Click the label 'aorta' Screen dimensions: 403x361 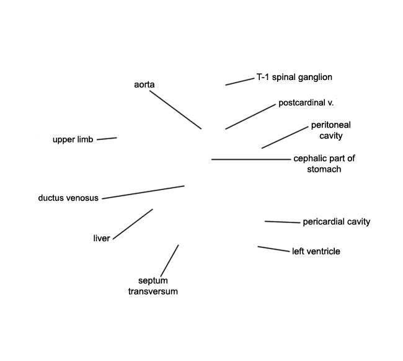click(x=144, y=84)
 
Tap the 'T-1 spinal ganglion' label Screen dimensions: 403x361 click(x=294, y=77)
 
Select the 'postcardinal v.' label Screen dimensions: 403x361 click(x=306, y=103)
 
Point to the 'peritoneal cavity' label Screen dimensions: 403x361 click(x=331, y=130)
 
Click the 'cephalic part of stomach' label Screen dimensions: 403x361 click(x=324, y=164)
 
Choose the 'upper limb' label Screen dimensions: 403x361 click(x=73, y=140)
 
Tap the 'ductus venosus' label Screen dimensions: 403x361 click(x=68, y=198)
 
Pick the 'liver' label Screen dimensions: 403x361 click(x=102, y=238)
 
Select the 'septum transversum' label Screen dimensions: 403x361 click(x=153, y=286)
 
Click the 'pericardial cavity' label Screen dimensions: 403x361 click(x=337, y=221)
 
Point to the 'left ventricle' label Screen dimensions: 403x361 click(x=316, y=251)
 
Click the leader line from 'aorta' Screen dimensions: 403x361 click(x=175, y=110)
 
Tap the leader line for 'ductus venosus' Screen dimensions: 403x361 click(x=143, y=192)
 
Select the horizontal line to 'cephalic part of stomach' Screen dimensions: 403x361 click(x=251, y=159)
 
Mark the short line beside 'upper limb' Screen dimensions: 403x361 click(x=107, y=139)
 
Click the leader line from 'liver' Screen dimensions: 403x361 click(x=133, y=224)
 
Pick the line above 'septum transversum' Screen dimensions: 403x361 click(x=170, y=261)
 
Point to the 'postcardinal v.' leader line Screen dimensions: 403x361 click(x=250, y=117)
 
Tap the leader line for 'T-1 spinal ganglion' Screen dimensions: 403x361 click(x=240, y=82)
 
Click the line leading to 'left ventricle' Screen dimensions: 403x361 click(x=273, y=249)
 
